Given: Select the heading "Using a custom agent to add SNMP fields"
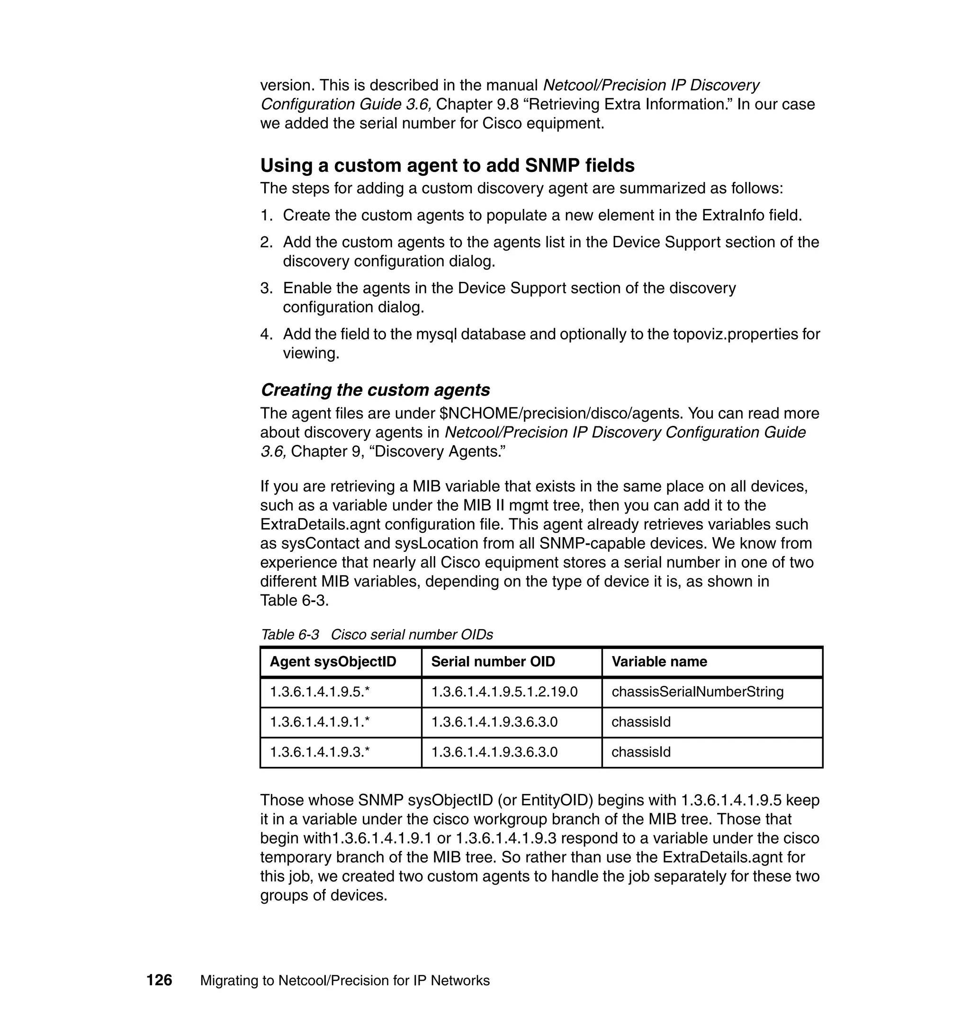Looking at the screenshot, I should (447, 165).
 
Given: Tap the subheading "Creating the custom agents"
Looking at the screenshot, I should (376, 389).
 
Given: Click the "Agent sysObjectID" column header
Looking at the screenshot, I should (333, 661).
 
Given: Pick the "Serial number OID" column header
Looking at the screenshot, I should (493, 661).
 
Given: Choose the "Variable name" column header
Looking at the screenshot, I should (659, 661).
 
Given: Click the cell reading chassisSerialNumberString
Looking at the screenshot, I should (698, 692).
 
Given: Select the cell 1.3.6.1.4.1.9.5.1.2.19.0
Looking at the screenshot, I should (504, 692).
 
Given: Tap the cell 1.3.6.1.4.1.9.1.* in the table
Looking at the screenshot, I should (320, 721).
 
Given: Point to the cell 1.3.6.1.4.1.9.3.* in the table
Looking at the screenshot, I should (320, 751).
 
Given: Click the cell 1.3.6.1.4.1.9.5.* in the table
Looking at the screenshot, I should (320, 692).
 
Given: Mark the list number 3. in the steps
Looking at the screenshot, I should (266, 288).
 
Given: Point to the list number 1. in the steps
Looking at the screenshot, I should (266, 215).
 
